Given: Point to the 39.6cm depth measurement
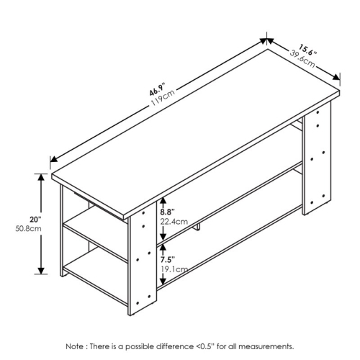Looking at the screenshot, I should point(303,60).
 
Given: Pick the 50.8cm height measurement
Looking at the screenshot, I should point(27,229).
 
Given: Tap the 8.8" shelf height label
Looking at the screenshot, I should point(168,212).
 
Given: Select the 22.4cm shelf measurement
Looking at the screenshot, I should point(173,222).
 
